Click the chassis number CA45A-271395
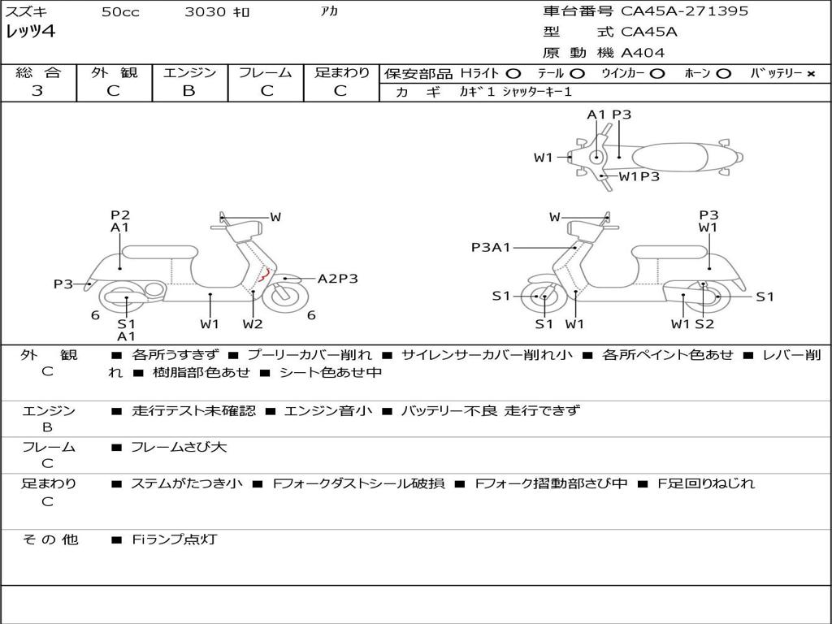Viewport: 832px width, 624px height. tap(684, 11)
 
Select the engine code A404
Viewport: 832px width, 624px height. tap(643, 53)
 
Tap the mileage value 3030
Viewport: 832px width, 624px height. tap(205, 11)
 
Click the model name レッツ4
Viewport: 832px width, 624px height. tap(30, 32)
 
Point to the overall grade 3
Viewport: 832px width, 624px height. tap(37, 91)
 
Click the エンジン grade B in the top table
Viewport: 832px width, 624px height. tap(188, 91)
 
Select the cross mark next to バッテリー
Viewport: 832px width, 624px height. tap(811, 74)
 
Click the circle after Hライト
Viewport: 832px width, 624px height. tap(513, 74)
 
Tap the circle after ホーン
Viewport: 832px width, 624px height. tap(724, 74)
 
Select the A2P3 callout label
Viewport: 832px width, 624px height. tap(337, 279)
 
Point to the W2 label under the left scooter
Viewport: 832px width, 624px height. tap(253, 324)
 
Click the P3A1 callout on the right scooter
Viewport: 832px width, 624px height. tap(490, 247)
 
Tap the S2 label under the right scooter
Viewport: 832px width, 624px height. tap(704, 324)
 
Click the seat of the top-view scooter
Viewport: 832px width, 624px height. tap(669, 158)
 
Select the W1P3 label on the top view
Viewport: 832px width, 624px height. tap(639, 176)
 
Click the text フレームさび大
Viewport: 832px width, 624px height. tap(179, 448)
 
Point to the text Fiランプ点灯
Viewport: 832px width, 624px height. tap(175, 539)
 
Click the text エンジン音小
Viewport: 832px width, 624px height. tap(328, 410)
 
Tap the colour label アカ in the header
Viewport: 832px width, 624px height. tap(329, 11)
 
